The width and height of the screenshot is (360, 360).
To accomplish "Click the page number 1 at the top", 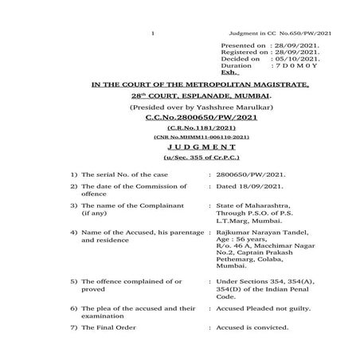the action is click(x=151, y=33).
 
